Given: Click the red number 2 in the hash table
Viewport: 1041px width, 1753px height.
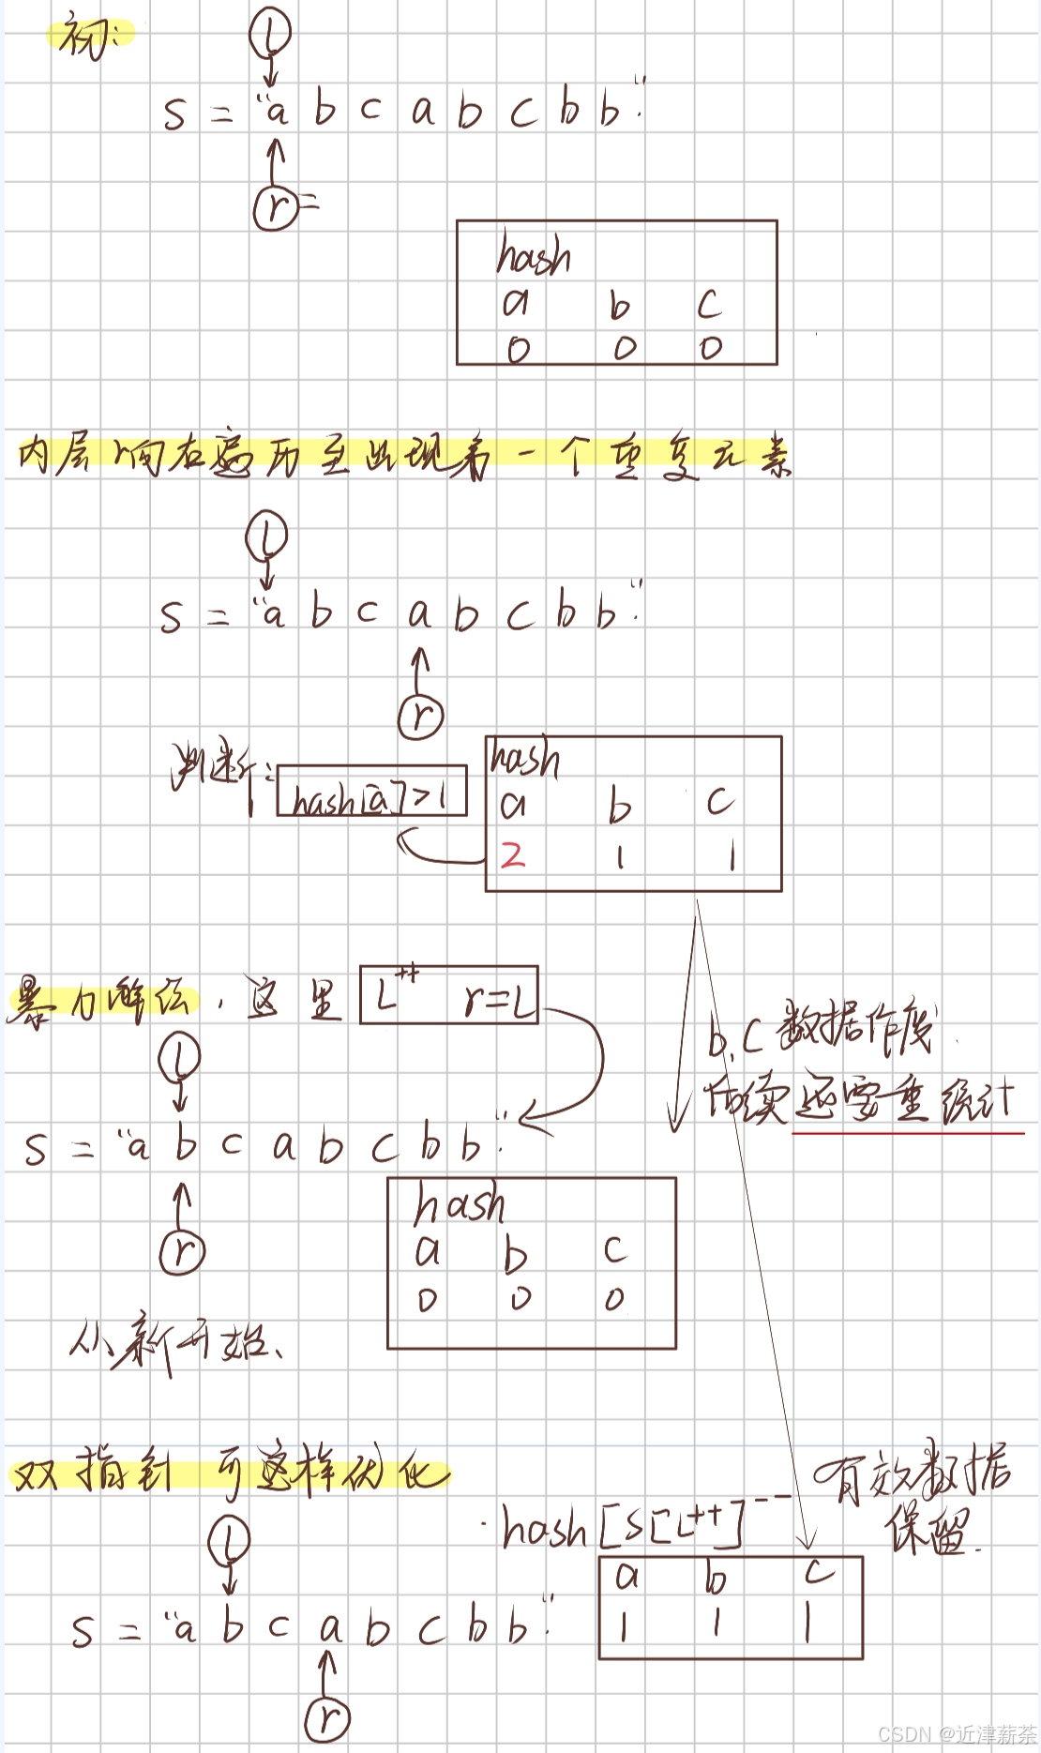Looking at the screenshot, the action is click(x=512, y=854).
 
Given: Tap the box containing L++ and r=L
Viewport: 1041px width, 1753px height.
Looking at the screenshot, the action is click(x=449, y=994).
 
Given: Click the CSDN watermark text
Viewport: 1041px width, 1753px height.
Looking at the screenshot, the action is click(x=956, y=1734).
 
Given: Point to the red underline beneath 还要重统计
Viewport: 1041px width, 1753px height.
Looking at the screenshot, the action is click(x=908, y=1134).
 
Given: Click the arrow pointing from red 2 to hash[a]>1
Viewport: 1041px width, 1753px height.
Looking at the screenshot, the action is click(x=436, y=854).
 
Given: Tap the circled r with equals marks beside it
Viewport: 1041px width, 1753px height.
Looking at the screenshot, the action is click(x=276, y=207).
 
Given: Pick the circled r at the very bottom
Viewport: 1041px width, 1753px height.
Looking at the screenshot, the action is click(x=327, y=1718).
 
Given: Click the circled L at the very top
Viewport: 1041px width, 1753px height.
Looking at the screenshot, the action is click(x=270, y=34).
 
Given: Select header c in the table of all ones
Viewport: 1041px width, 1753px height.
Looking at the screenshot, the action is click(x=819, y=1572).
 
